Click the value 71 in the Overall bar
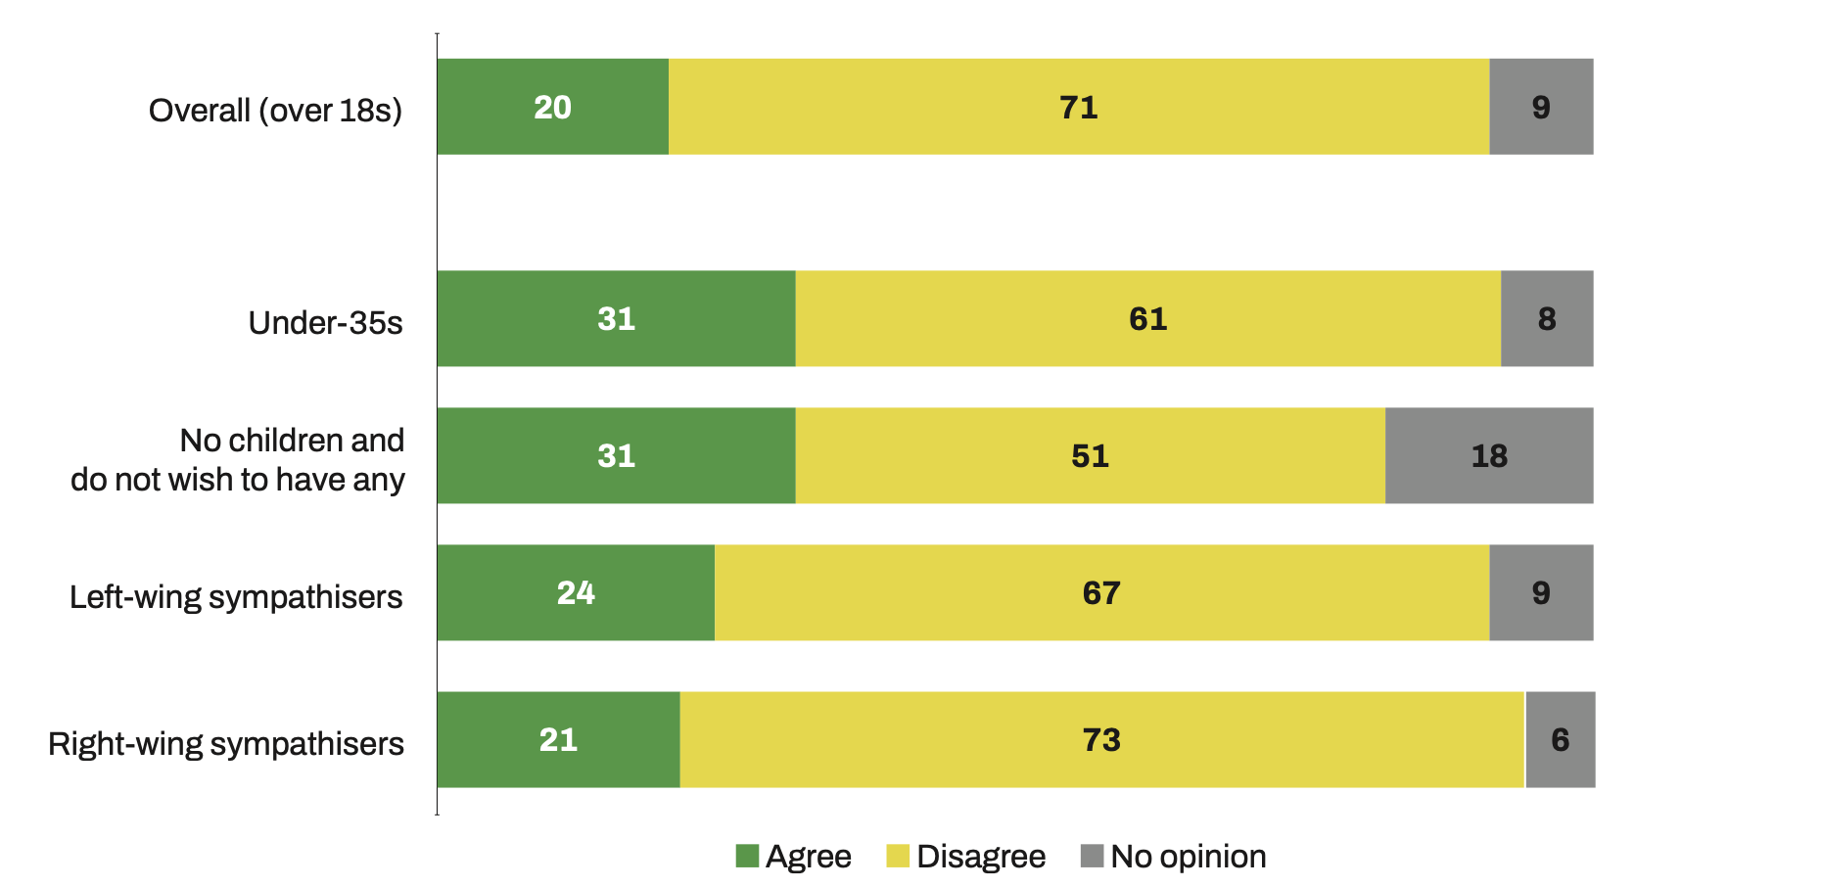1079,107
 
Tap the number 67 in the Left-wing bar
1101,592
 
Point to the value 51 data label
1090,455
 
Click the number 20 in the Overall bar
552,107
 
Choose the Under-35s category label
325,322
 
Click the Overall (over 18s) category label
275,111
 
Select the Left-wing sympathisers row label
236,596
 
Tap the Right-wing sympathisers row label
226,743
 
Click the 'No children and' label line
292,440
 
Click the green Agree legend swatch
747,856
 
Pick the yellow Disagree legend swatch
898,856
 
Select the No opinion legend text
1189,856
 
